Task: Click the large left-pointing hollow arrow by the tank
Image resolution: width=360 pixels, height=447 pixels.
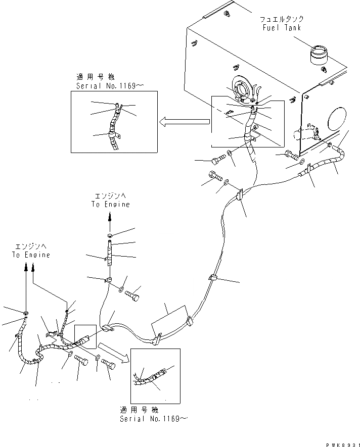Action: pos(184,121)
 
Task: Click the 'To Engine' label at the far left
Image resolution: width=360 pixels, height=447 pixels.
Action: pos(31,255)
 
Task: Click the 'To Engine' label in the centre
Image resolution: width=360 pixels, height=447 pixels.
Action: pos(110,205)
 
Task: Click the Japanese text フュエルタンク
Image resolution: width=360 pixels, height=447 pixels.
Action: pos(282,19)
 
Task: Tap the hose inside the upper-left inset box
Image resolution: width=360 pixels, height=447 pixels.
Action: pos(115,129)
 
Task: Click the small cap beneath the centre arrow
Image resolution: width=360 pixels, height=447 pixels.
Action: pos(110,235)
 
